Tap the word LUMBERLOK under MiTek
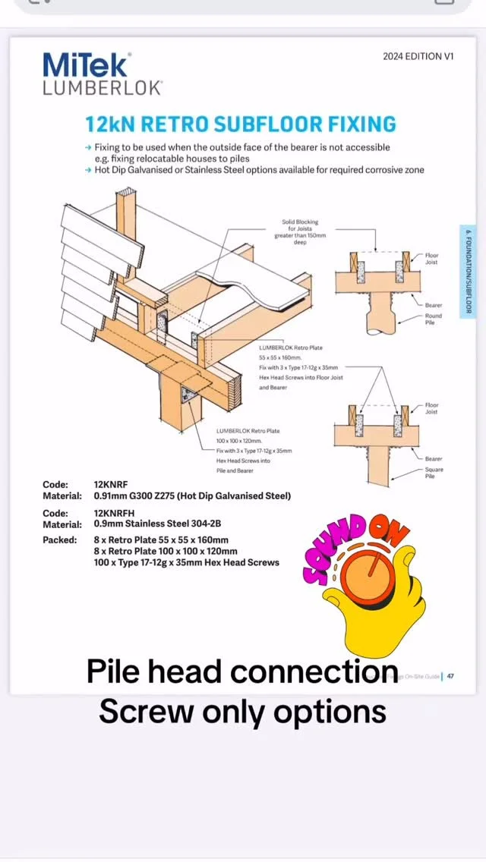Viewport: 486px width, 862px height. pos(102,88)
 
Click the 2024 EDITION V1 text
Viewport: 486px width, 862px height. pos(418,56)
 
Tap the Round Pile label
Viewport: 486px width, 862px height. pos(433,319)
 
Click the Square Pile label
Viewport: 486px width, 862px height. pos(434,473)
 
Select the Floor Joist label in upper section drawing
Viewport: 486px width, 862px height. pos(431,259)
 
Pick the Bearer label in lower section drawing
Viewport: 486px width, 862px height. pos(434,458)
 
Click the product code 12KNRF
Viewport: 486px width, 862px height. pos(111,483)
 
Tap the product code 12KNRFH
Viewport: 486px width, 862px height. pos(114,513)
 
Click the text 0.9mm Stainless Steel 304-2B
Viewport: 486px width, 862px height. pos(157,524)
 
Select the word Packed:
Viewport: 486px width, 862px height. pos(59,540)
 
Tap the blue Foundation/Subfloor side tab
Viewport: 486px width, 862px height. pos(469,271)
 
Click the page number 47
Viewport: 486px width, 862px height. pos(450,676)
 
